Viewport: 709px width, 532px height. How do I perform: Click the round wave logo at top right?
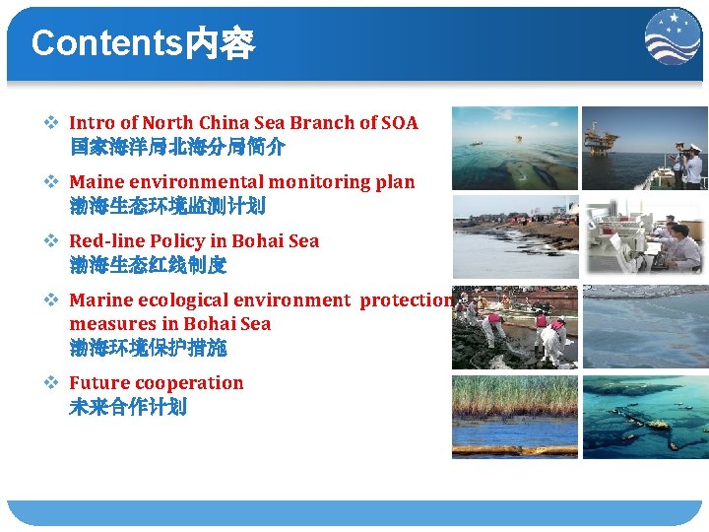click(673, 38)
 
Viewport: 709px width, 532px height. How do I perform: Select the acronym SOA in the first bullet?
click(399, 123)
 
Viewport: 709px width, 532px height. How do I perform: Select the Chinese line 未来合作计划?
click(128, 407)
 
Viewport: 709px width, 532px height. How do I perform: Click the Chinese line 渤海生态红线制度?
click(148, 265)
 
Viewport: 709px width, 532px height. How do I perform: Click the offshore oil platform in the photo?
click(601, 138)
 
